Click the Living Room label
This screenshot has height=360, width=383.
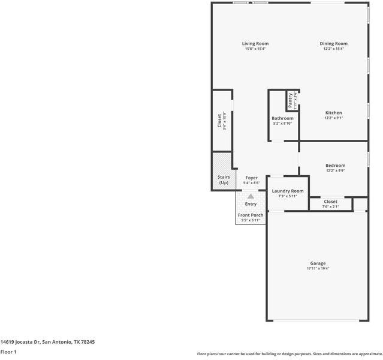[255, 44]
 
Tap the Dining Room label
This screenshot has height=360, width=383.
[333, 44]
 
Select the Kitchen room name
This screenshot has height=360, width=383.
[333, 113]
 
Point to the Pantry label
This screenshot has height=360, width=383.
[291, 100]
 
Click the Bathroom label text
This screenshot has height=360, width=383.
[282, 119]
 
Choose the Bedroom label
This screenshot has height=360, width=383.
[335, 166]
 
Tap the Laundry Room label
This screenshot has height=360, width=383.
[288, 191]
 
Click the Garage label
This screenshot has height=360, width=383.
[318, 263]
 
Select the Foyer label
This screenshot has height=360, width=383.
[252, 178]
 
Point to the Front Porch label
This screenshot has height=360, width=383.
[251, 215]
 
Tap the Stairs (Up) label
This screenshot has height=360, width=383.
[223, 179]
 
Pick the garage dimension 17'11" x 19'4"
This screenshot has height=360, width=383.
[318, 269]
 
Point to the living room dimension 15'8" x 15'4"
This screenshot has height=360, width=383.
[255, 49]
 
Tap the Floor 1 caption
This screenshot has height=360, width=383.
[8, 352]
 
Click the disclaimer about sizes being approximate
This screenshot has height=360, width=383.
[289, 354]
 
